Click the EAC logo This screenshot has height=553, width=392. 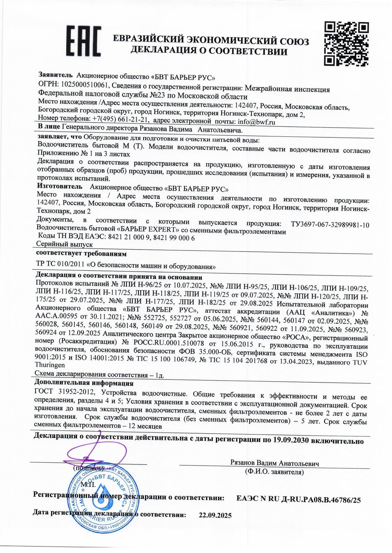(83, 41)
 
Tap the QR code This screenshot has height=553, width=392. (347, 43)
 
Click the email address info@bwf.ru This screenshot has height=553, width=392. (256, 122)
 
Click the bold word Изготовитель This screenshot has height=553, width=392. (60, 186)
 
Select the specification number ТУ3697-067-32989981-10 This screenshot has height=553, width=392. (330, 225)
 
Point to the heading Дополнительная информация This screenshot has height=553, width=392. (84, 383)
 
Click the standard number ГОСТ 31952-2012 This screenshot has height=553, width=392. (64, 392)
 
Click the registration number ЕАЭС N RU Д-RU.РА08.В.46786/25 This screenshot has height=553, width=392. (298, 500)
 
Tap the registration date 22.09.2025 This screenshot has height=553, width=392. (215, 516)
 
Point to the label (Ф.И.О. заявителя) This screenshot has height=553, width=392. (274, 472)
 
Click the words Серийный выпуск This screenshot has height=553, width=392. (64, 244)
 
